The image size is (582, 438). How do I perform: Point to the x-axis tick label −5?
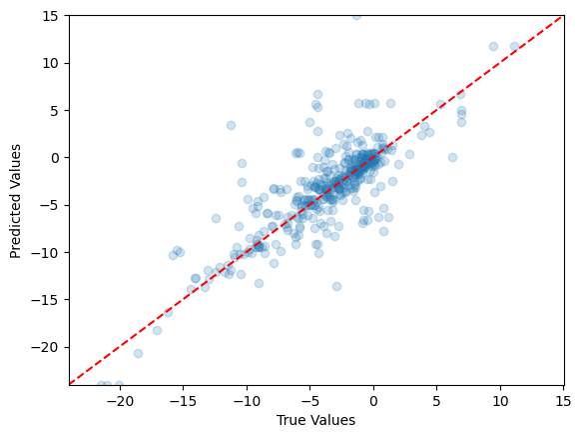pos(309,401)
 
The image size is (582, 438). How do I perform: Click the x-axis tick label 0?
pos(373,401)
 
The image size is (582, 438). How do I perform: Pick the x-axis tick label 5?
pos(437,401)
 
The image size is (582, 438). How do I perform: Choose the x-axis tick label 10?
pos(500,401)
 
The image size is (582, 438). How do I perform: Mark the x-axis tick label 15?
pos(564,401)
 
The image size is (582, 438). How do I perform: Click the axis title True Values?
pos(315,421)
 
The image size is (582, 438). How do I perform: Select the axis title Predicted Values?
pos(15,200)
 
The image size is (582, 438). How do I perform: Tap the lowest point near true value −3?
pos(336,286)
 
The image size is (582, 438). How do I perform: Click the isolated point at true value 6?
pos(452,157)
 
